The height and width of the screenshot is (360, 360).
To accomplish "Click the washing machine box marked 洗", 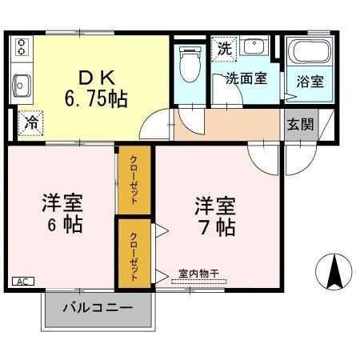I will (x=225, y=47).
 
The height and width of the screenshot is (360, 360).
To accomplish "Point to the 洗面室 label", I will (x=245, y=78).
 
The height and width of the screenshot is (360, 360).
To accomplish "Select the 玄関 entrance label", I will (x=301, y=125).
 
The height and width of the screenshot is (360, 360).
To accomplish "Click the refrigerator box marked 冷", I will (x=30, y=122).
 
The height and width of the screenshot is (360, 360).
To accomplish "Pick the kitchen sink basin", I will (x=20, y=83).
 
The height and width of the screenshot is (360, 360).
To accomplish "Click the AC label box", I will (x=22, y=281).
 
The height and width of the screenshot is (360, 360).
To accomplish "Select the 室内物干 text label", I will (x=197, y=273).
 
